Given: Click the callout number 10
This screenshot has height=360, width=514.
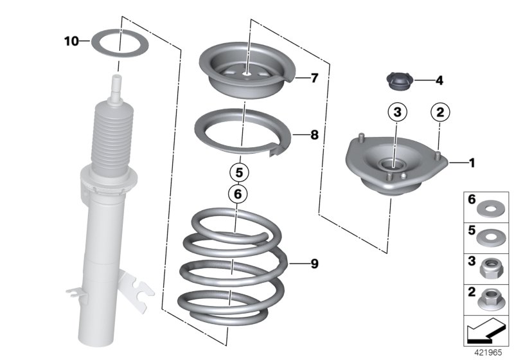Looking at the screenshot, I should click(x=71, y=42).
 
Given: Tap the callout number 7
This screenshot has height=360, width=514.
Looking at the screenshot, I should click(x=314, y=78).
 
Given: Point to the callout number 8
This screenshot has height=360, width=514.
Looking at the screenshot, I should click(x=314, y=135).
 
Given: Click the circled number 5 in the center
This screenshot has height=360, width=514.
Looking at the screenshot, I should click(x=238, y=172).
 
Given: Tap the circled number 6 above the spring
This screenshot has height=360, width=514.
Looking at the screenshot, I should click(x=237, y=192).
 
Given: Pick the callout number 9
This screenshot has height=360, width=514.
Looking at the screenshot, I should click(x=314, y=264).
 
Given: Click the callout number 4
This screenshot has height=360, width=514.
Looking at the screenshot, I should click(x=439, y=81).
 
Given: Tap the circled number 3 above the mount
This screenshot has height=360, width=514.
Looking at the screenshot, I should click(x=398, y=113).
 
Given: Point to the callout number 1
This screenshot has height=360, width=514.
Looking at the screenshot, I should click(x=472, y=163).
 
